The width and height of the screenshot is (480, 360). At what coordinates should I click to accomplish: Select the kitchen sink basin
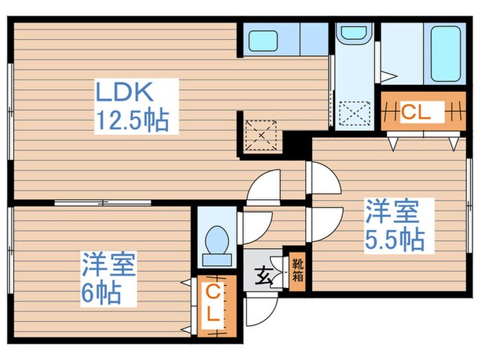coord(263,40)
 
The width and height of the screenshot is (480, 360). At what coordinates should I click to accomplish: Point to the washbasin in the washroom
coord(353,32)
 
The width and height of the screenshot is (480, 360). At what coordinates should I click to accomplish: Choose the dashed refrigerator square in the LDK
coord(261,134)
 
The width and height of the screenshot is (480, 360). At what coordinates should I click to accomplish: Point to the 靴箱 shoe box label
coord(298,268)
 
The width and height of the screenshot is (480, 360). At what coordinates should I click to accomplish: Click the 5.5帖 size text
coord(394,239)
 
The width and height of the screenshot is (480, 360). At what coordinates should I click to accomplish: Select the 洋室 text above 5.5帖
coord(391,211)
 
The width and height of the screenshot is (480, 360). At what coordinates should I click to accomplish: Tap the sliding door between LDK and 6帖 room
coord(103,202)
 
